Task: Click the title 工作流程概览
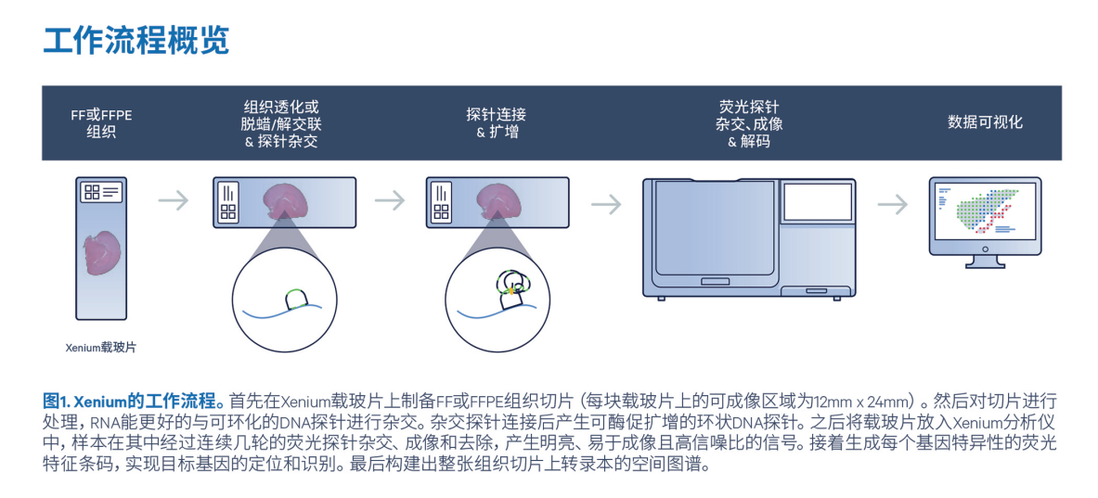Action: tap(136, 41)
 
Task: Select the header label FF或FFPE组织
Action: tap(102, 123)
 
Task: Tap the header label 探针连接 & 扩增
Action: tap(497, 123)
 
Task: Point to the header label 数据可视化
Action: tap(985, 122)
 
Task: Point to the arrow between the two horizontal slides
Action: tap(390, 200)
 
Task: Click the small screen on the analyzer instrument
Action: tap(817, 203)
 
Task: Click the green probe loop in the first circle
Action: tap(296, 298)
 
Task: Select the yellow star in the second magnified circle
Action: tap(510, 291)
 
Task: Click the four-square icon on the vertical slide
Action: tap(92, 192)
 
